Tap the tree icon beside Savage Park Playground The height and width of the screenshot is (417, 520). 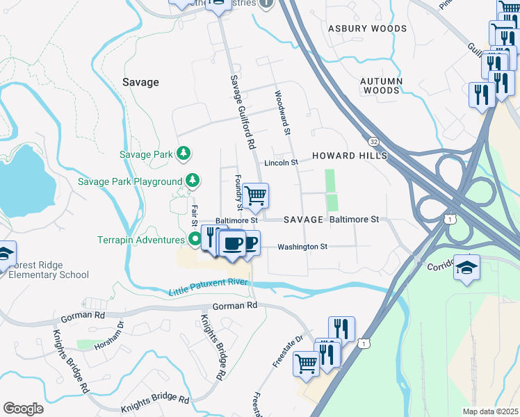[193, 181]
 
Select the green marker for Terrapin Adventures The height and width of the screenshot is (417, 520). [195, 240]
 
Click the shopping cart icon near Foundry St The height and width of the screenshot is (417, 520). [256, 196]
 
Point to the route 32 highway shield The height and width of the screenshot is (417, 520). [375, 141]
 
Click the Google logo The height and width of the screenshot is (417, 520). [23, 408]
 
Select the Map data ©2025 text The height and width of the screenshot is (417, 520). [490, 411]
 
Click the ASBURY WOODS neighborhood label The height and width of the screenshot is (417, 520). [367, 28]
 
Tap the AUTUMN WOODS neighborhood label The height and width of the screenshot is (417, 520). [381, 85]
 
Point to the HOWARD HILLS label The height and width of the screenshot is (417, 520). [349, 156]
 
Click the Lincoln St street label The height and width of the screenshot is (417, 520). [281, 163]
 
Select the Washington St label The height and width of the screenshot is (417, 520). [302, 247]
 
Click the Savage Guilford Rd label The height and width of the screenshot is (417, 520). [241, 111]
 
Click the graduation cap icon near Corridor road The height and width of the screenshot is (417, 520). [466, 268]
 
